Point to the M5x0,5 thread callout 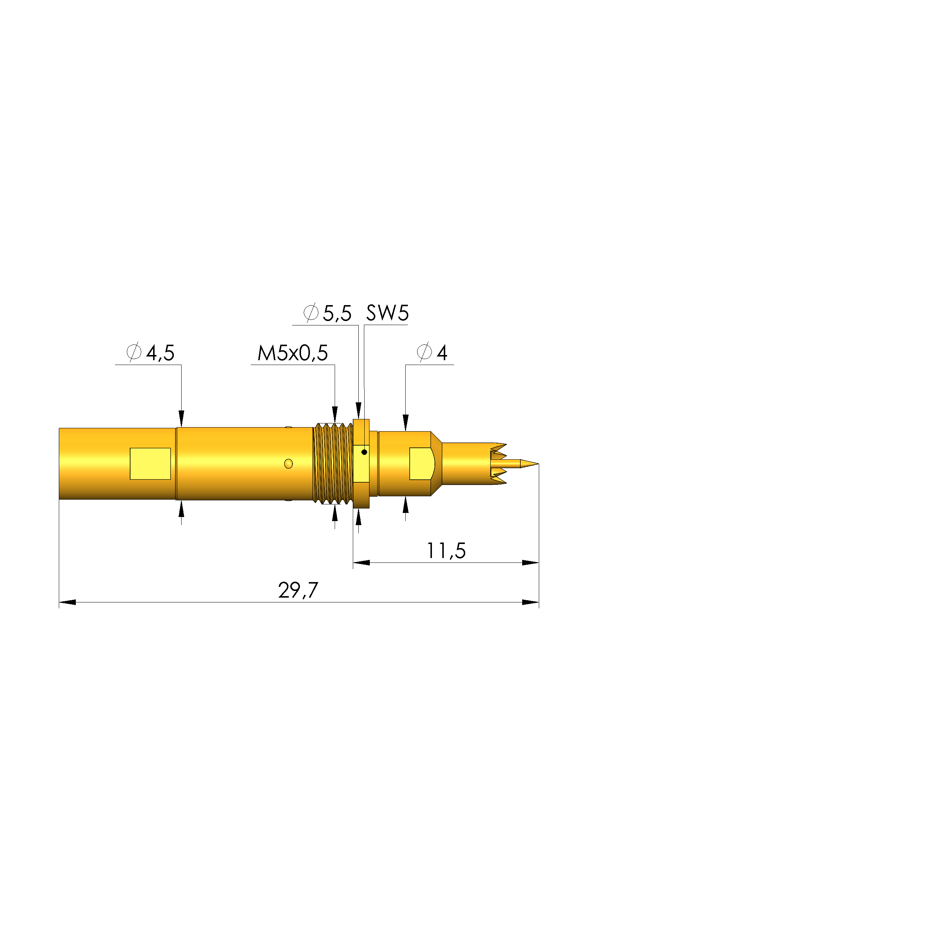click(x=293, y=353)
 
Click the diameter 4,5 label click(x=150, y=353)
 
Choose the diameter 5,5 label click(x=327, y=314)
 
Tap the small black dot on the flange click(x=364, y=452)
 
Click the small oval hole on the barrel click(x=288, y=463)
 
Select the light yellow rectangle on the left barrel click(x=150, y=463)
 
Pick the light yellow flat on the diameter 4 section click(x=421, y=463)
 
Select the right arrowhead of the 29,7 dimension click(x=531, y=602)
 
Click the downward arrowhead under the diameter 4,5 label click(x=181, y=418)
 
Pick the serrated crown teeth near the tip click(x=499, y=463)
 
